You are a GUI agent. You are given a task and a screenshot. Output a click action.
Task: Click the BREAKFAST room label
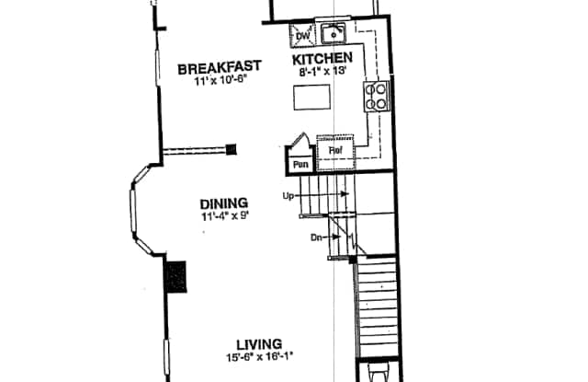click(x=220, y=67)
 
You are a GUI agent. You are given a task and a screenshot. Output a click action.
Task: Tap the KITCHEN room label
click(x=322, y=59)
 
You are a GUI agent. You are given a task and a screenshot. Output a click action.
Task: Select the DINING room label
click(x=224, y=204)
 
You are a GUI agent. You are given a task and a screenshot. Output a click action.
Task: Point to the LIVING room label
click(x=259, y=344)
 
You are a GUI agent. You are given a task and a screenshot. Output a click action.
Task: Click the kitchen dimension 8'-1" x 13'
click(x=322, y=71)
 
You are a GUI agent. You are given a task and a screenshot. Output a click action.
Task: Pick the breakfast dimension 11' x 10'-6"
click(x=221, y=81)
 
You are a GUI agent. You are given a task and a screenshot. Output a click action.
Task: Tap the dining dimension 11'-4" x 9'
click(x=225, y=216)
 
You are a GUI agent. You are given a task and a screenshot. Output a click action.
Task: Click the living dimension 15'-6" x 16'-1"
click(x=259, y=356)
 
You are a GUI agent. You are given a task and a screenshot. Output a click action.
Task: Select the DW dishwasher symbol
click(x=302, y=36)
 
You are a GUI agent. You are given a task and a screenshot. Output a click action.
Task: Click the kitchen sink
click(x=333, y=34)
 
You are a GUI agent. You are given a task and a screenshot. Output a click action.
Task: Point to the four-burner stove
click(x=376, y=97)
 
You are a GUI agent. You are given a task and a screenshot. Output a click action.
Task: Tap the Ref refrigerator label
click(x=335, y=151)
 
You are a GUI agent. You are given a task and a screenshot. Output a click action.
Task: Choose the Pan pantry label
click(x=300, y=165)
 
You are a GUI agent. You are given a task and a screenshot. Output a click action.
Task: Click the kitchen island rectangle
click(x=312, y=98)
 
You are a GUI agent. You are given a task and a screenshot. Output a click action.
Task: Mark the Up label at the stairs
click(x=288, y=196)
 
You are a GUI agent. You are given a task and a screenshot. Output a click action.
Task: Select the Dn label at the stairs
click(x=316, y=237)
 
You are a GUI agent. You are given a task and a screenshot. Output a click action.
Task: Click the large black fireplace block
click(x=175, y=277)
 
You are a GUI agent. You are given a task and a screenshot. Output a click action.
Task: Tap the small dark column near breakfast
click(x=231, y=149)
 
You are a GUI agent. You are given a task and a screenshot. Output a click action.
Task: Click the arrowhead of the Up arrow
click(x=345, y=194)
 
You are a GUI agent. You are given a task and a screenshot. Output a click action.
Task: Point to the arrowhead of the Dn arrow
click(x=336, y=237)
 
